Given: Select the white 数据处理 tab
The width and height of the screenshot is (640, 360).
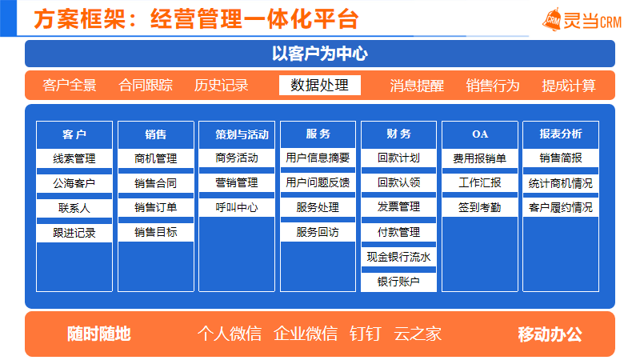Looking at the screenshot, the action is click(319, 85).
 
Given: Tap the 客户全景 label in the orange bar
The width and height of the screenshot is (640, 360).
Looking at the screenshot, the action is click(70, 86).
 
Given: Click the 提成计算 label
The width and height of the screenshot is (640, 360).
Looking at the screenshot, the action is click(569, 86).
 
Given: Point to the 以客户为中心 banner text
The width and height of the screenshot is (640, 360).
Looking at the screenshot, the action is click(319, 54).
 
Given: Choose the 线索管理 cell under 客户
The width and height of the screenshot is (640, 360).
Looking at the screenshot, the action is click(74, 158).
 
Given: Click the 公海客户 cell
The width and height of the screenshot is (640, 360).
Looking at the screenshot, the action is click(74, 183).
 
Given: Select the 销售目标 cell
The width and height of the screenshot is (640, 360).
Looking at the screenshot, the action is click(155, 232).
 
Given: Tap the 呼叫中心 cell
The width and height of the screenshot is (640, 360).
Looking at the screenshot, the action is click(237, 207).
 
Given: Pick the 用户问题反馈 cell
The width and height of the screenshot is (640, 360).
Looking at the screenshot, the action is click(318, 182).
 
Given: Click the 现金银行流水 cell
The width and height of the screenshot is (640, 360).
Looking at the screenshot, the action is click(398, 257).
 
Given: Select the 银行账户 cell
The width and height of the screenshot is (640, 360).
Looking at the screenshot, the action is click(398, 282).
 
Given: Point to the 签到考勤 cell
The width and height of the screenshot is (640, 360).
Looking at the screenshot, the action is click(479, 207).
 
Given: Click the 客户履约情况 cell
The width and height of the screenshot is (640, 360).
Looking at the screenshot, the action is click(561, 207).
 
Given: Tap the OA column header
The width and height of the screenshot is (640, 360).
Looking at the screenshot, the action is click(479, 134).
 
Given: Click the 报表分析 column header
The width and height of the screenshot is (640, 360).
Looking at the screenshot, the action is click(561, 134).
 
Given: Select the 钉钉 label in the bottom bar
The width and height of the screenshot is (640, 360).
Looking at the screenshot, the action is click(366, 334).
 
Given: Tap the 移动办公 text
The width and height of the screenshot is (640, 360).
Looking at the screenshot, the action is click(550, 334).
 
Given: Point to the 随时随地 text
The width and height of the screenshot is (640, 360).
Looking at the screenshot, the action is click(98, 334).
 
